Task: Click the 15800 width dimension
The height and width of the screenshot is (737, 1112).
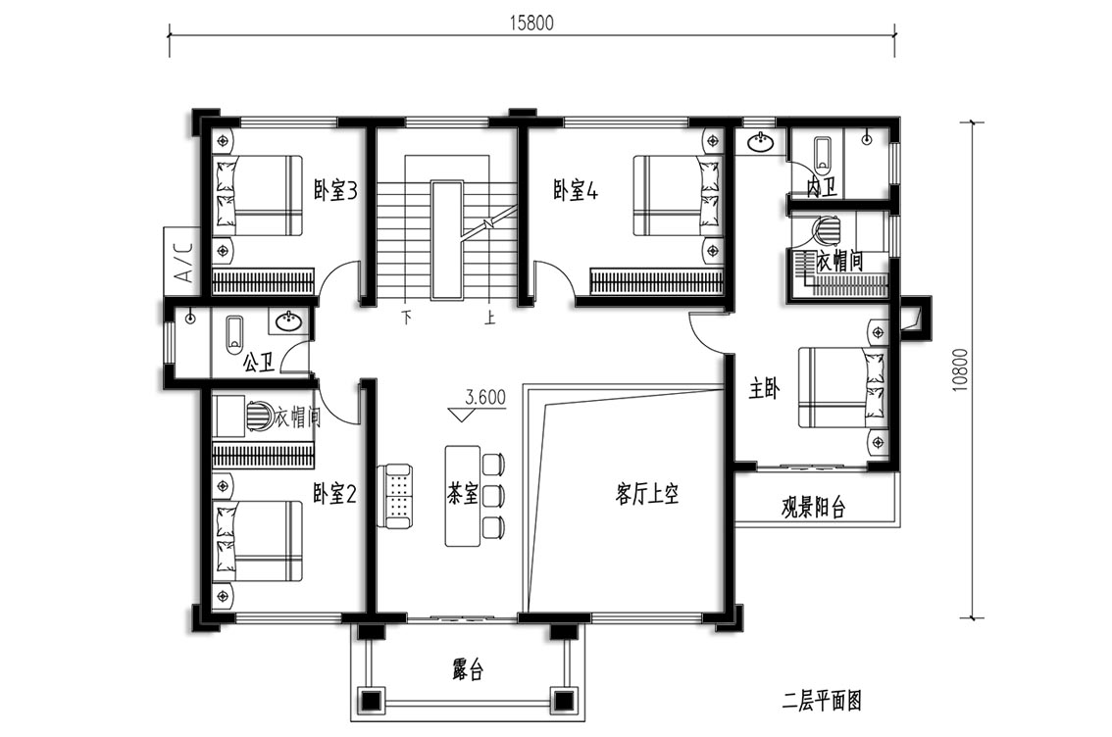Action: [x=531, y=23]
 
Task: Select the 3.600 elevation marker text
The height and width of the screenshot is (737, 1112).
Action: [x=485, y=397]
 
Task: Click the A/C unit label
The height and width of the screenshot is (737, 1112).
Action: [x=183, y=263]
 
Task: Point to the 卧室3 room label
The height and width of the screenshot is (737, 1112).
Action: [x=335, y=190]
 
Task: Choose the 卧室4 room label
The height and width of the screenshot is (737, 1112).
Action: [x=576, y=190]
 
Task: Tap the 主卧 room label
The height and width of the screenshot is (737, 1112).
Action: [x=765, y=388]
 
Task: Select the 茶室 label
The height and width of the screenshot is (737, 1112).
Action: [x=463, y=494]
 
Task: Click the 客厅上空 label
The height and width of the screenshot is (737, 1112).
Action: [x=647, y=493]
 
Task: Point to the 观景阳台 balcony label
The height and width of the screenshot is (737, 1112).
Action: [x=814, y=508]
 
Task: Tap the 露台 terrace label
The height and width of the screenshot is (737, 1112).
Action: [x=468, y=669]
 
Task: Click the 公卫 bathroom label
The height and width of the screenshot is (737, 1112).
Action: [x=259, y=365]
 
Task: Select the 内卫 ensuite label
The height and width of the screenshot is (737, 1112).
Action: [x=822, y=187]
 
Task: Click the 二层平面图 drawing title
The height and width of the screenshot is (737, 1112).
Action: [x=822, y=702]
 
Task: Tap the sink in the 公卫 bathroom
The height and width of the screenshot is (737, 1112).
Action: [x=289, y=321]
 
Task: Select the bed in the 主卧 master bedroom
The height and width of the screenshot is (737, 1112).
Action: [x=842, y=387]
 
